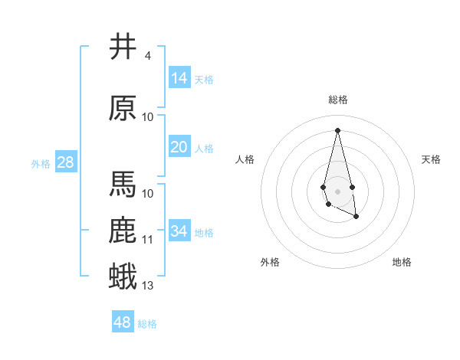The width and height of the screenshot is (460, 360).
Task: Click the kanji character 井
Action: (x=123, y=47)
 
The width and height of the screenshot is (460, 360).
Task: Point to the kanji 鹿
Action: (x=123, y=231)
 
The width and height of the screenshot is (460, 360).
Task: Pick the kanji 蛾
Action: (x=123, y=277)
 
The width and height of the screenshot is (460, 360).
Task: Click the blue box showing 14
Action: (x=179, y=77)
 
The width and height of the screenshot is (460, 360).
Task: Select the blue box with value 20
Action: (x=179, y=147)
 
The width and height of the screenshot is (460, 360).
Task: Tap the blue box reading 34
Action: (x=179, y=231)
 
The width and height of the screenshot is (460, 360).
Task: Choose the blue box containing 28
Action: (x=65, y=162)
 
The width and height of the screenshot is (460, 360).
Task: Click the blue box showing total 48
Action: (x=123, y=322)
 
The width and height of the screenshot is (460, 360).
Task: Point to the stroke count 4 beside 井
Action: (x=147, y=56)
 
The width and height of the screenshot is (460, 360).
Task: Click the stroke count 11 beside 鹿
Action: (x=148, y=240)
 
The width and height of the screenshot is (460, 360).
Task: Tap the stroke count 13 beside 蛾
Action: (x=148, y=286)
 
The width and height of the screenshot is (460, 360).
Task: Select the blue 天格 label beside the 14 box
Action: (x=204, y=79)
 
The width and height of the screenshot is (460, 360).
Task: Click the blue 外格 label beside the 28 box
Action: (x=41, y=163)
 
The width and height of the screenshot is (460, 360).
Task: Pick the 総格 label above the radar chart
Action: (x=337, y=100)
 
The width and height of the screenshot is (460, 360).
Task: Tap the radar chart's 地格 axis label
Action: (x=402, y=262)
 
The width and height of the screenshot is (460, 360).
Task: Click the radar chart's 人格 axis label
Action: (x=245, y=159)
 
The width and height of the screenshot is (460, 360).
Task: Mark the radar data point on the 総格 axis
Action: (x=337, y=129)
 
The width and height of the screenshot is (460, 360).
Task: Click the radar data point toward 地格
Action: (x=356, y=217)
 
